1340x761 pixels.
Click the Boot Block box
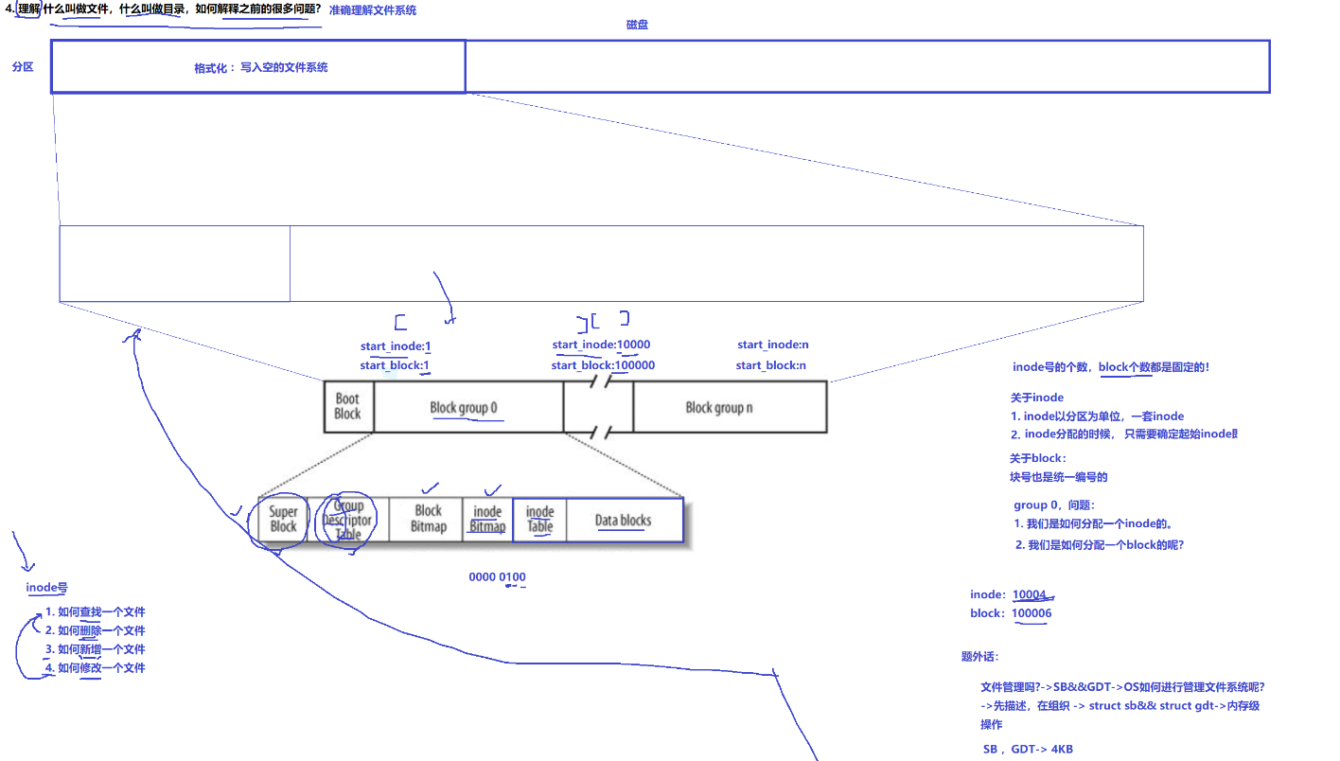click(x=347, y=407)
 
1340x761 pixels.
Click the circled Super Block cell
click(x=283, y=520)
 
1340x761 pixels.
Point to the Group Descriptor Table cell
click(x=348, y=520)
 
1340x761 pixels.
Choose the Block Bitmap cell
click(x=428, y=519)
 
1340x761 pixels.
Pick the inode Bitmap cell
click(x=487, y=520)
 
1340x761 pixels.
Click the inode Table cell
click(x=539, y=520)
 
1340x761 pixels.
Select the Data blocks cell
click(x=623, y=520)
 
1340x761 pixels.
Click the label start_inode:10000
click(x=601, y=345)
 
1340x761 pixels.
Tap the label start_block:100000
click(x=603, y=365)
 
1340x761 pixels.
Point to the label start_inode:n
click(x=773, y=345)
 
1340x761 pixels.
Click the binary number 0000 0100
click(x=497, y=577)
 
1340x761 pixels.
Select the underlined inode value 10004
click(x=1030, y=594)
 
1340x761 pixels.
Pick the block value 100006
click(x=1031, y=613)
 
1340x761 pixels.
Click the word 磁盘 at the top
click(x=637, y=25)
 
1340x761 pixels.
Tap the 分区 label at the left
click(x=23, y=67)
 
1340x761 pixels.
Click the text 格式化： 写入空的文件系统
click(x=260, y=67)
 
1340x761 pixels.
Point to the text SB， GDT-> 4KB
click(x=1028, y=749)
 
